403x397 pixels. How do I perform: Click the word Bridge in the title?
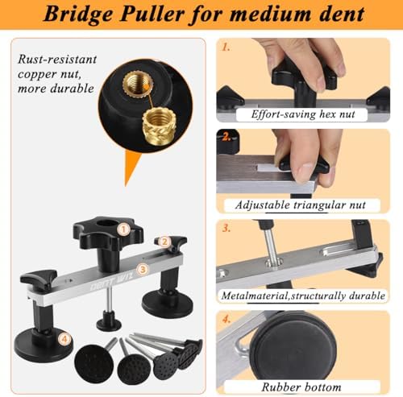point(79,14)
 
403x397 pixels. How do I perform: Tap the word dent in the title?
point(342,14)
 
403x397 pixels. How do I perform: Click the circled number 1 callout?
point(123,230)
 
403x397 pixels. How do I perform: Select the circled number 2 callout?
point(164,242)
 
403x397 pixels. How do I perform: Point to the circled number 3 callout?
point(143,269)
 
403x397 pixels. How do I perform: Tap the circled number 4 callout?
point(64,339)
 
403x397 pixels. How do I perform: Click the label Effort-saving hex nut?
point(303,114)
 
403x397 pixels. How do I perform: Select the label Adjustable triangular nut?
point(300,205)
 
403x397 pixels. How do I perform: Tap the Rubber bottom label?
point(301,387)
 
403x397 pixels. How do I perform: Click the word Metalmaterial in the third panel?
point(255,296)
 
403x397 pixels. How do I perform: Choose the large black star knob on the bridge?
point(108,233)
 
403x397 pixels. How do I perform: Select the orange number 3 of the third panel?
point(226,228)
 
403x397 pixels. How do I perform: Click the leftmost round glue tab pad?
point(93,363)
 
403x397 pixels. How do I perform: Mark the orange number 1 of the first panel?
point(226,48)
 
